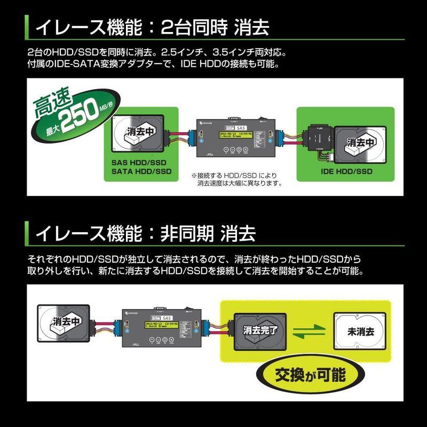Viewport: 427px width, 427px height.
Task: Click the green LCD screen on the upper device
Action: click(233, 136)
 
